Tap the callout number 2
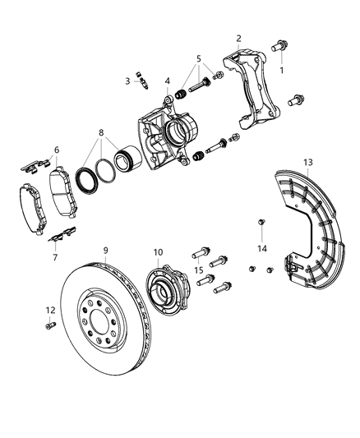[238, 38]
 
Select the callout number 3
[128, 81]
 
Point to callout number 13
[308, 163]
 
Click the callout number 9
[105, 251]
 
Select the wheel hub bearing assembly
[165, 292]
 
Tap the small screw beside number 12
[48, 325]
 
